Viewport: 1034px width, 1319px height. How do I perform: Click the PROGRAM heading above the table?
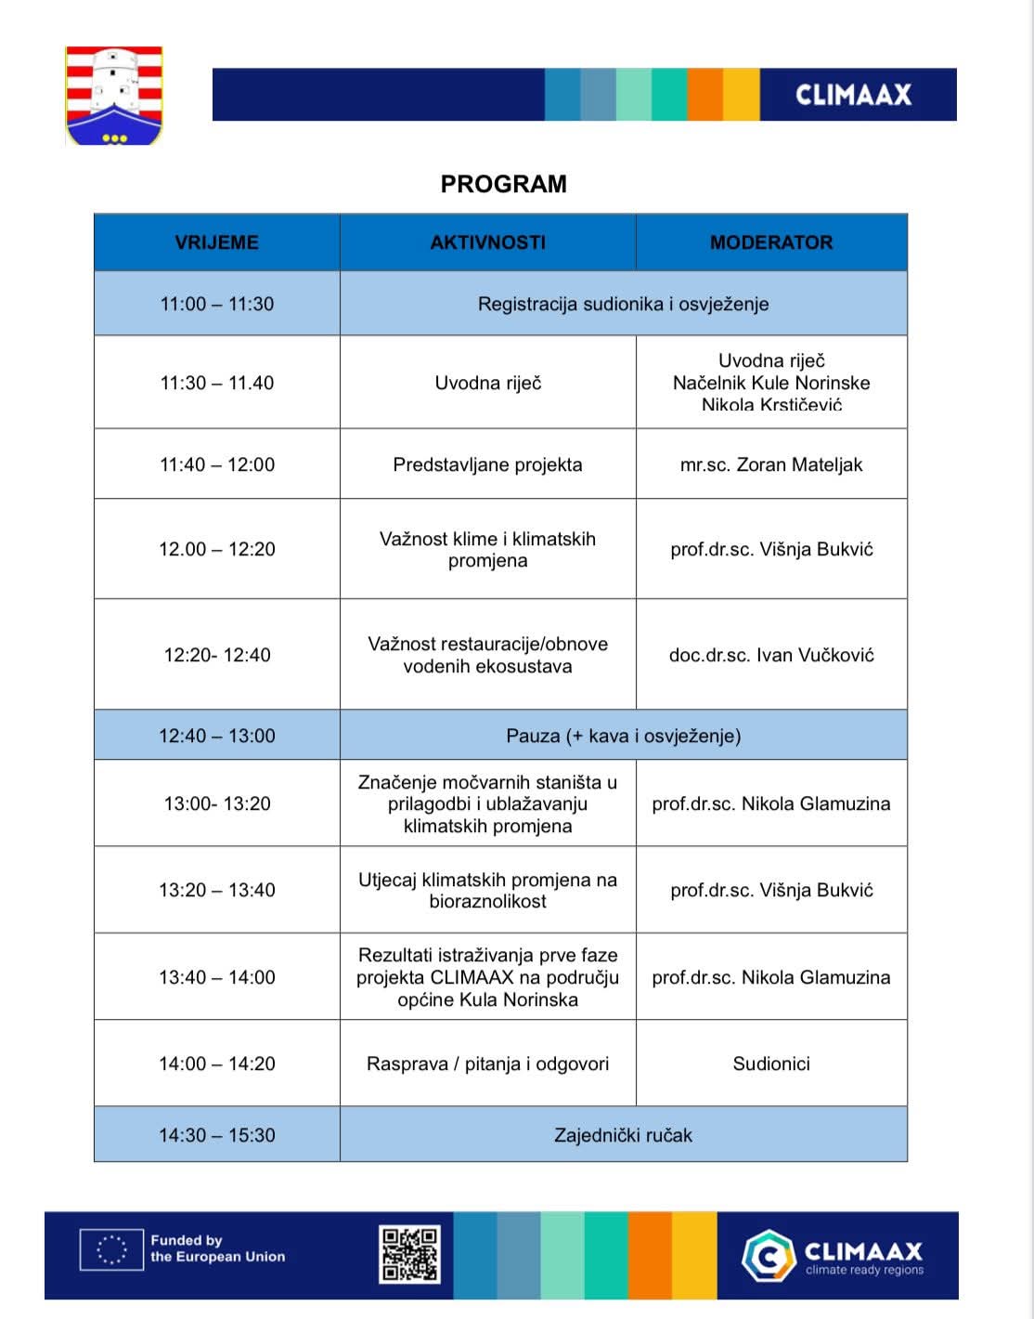pyautogui.click(x=503, y=184)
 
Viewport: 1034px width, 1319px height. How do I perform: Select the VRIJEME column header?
pyautogui.click(x=216, y=242)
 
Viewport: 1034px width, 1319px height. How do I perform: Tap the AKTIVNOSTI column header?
pyautogui.click(x=487, y=242)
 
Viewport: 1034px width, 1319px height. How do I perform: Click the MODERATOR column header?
pyautogui.click(x=771, y=242)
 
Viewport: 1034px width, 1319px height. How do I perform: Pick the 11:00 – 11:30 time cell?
pyautogui.click(x=216, y=304)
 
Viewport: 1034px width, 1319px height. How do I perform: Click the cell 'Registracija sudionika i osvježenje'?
pyautogui.click(x=623, y=304)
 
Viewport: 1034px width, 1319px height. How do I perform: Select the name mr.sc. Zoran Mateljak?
pyautogui.click(x=771, y=464)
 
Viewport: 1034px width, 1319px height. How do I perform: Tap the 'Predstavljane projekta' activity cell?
pyautogui.click(x=487, y=464)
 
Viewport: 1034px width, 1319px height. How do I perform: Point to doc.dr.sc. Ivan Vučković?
pyautogui.click(x=771, y=655)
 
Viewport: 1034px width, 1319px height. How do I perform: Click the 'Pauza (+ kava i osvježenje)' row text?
pyautogui.click(x=623, y=736)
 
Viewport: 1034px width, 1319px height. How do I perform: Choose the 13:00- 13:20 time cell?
pyautogui.click(x=216, y=803)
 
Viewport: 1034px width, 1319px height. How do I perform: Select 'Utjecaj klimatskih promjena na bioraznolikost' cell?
pyautogui.click(x=487, y=890)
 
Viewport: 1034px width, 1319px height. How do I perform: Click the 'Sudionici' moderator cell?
pyautogui.click(x=771, y=1064)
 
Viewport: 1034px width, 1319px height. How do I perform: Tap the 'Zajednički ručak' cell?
pyautogui.click(x=623, y=1135)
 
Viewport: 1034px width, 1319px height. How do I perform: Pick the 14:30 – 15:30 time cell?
pyautogui.click(x=216, y=1135)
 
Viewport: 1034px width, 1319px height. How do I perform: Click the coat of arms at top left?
pyautogui.click(x=114, y=96)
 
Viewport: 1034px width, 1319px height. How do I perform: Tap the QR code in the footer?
pyautogui.click(x=408, y=1254)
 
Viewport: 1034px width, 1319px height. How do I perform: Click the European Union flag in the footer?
pyautogui.click(x=111, y=1249)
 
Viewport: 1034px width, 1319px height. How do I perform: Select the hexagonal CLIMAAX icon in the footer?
pyautogui.click(x=769, y=1255)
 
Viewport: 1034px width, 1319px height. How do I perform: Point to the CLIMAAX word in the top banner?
pyautogui.click(x=853, y=95)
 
